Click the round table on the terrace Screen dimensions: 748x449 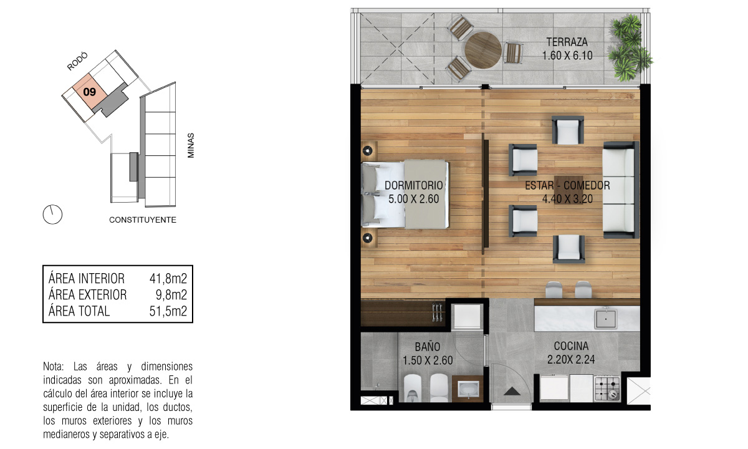[483, 50]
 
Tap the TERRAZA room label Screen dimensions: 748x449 [567, 42]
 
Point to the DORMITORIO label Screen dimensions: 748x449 [414, 185]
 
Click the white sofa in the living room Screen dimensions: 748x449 [620, 190]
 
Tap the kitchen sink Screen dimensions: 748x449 [605, 319]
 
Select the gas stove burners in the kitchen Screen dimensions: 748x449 [607, 389]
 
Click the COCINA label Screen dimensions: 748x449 [571, 345]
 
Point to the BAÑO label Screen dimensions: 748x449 [428, 347]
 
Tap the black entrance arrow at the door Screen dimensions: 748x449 [512, 391]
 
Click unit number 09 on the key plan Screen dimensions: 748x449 [90, 92]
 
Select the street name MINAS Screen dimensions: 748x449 [191, 145]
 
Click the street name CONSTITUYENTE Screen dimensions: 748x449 [143, 220]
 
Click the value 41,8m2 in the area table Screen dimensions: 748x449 [168, 278]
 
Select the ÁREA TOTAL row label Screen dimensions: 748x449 [79, 311]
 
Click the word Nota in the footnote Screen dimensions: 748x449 [53, 367]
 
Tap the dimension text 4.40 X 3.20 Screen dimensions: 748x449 [567, 199]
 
